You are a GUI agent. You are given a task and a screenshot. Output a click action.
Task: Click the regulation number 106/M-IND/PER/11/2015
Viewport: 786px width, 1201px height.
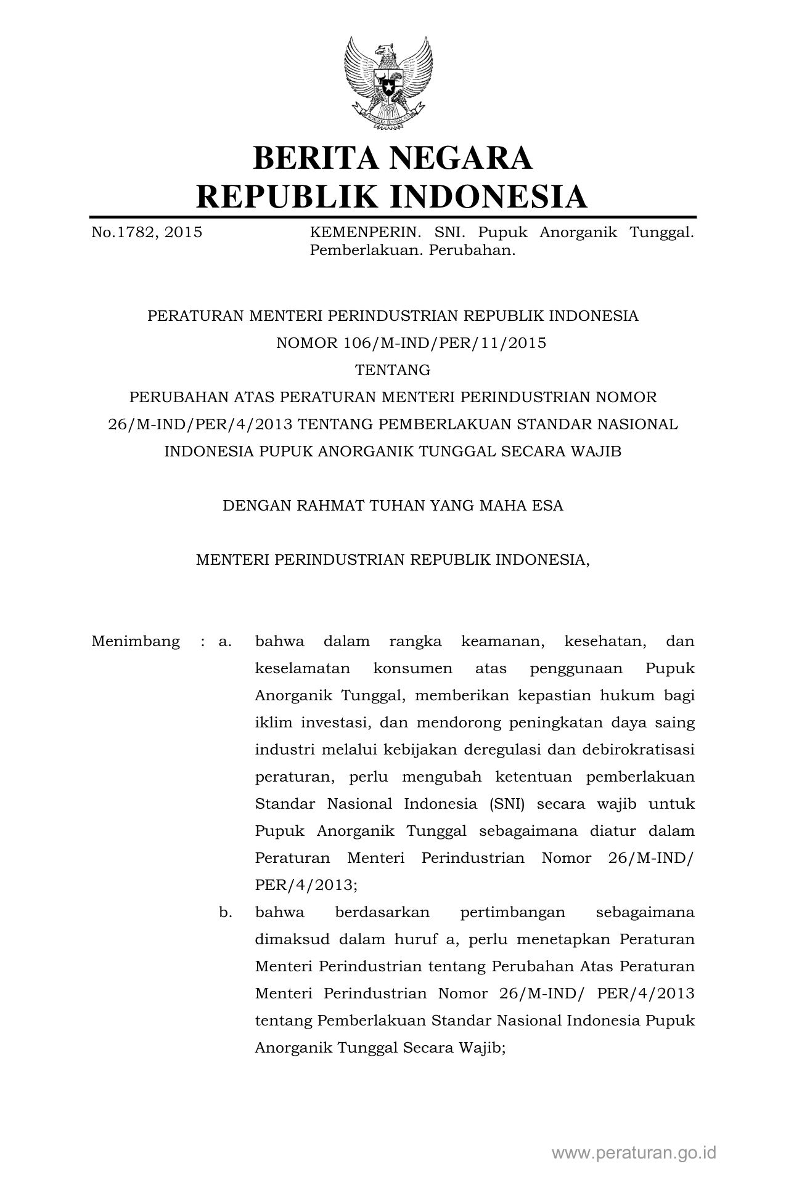(444, 343)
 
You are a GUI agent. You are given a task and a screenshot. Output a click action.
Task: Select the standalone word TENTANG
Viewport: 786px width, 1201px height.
(393, 370)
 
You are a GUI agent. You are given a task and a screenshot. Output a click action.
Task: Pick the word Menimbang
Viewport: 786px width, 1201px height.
(136, 641)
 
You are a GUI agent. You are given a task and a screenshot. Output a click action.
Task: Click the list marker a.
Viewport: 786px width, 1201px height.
(225, 641)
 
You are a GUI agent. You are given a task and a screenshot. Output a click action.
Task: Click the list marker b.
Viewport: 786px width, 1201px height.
(225, 912)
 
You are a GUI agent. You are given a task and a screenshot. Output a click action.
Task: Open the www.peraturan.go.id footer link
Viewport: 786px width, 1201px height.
(634, 1152)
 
